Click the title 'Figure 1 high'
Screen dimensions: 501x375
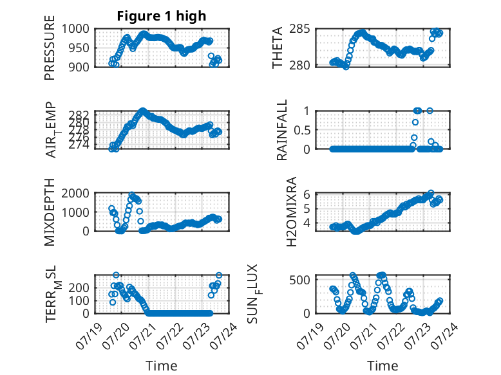162,16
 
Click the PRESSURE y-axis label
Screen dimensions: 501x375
50,48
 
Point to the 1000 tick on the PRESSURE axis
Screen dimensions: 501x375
75,29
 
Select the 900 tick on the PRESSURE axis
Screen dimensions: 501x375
79,67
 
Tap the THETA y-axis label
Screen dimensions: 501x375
278,48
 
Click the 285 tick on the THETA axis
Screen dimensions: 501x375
299,29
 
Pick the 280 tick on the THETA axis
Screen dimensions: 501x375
299,65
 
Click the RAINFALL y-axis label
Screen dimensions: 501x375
282,130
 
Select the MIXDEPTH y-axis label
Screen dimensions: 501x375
50,212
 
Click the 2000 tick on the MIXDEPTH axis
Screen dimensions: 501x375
75,193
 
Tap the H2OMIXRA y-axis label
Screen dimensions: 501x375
292,212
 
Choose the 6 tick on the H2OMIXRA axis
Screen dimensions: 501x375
307,194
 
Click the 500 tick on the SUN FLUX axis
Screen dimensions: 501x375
299,280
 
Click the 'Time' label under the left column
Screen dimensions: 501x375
162,366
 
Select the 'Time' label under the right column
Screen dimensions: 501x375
383,366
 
